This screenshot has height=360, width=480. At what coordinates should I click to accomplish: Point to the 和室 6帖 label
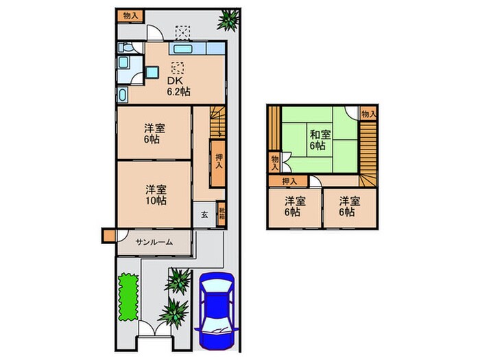tap(316, 140)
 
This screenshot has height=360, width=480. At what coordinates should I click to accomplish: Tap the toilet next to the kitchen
tap(123, 94)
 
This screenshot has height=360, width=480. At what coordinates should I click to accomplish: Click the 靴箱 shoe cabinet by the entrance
tap(221, 213)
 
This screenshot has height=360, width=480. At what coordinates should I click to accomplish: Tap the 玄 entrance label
tap(204, 214)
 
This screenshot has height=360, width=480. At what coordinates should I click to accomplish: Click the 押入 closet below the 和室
tap(289, 181)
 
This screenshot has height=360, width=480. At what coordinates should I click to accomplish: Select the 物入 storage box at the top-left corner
tap(130, 16)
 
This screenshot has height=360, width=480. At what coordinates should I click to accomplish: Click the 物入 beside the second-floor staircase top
tap(368, 113)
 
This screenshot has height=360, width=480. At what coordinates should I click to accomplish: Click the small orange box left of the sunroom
tap(108, 235)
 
